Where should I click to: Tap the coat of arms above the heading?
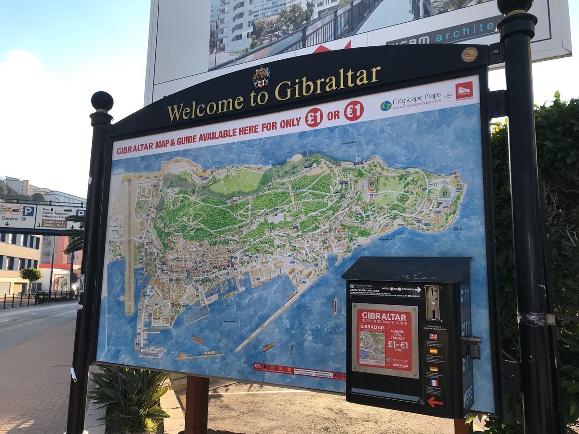click(261, 77)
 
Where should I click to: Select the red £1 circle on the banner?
click(314, 117)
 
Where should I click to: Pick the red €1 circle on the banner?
click(353, 110)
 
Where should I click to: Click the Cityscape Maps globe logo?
click(386, 106)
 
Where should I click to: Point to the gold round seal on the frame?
click(469, 54)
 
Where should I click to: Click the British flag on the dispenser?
click(433, 337)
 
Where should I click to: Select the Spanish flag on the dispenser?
click(433, 351)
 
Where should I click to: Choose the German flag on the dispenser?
click(434, 368)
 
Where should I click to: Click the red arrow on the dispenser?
click(435, 401)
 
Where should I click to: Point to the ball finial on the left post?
click(102, 102)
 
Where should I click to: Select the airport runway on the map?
click(129, 246)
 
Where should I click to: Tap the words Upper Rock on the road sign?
click(53, 222)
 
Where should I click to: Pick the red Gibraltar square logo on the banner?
click(464, 90)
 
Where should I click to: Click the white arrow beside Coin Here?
click(418, 289)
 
